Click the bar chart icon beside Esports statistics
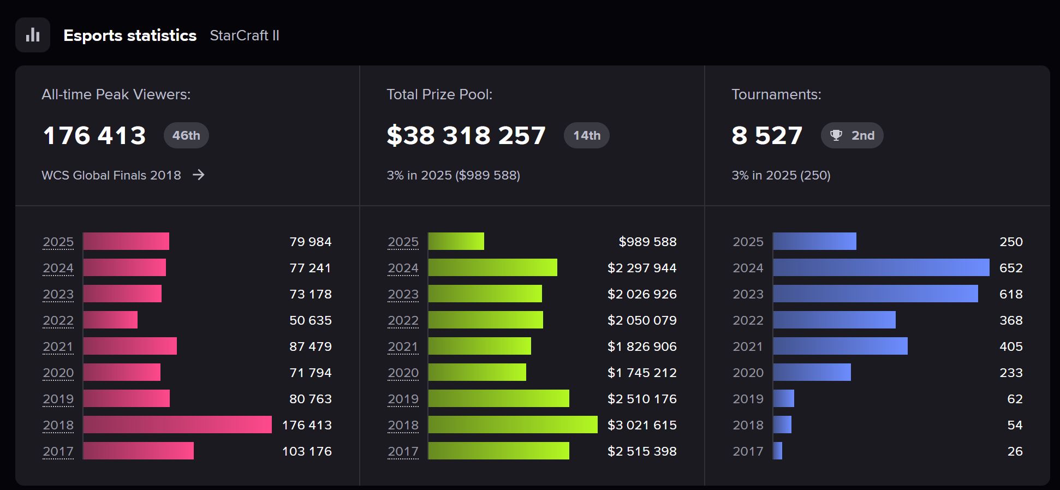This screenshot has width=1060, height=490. coord(33,35)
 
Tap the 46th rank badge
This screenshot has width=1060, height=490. coord(186,135)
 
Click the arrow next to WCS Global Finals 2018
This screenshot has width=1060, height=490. coord(199,175)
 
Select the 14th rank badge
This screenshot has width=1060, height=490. coord(586,135)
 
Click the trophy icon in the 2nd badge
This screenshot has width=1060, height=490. coord(836,135)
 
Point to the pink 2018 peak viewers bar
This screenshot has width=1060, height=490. coord(177,425)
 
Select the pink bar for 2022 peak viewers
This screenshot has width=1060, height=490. coord(110,320)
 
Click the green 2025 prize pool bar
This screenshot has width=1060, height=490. coord(456,241)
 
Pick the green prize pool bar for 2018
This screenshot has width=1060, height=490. coord(513,425)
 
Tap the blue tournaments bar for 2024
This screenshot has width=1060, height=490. coord(881,267)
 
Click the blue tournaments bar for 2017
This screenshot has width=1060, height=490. coord(778,451)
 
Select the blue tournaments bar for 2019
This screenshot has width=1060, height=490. coord(784,398)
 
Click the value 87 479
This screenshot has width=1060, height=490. coord(310,346)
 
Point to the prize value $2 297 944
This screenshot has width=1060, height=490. coord(641,268)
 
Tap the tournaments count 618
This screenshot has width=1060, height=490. coord(1010,294)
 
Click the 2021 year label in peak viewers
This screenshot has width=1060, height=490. coord(58,346)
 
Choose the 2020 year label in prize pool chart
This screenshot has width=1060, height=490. coord(403,373)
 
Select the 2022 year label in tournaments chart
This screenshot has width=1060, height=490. coord(748,320)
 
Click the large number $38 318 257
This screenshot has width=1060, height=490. coord(466,135)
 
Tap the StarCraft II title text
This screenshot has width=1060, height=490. coord(245,35)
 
